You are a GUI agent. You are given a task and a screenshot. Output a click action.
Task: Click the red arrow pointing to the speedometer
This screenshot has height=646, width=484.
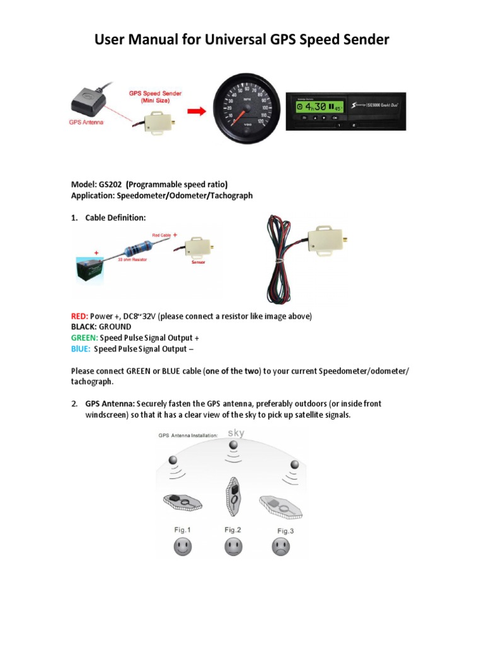(197, 112)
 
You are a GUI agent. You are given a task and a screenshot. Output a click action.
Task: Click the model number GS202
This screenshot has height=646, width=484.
(110, 184)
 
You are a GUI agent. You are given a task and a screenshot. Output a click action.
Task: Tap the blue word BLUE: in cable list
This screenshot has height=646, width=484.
(81, 349)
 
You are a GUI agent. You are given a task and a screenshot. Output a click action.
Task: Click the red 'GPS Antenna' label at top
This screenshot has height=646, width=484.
(86, 122)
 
